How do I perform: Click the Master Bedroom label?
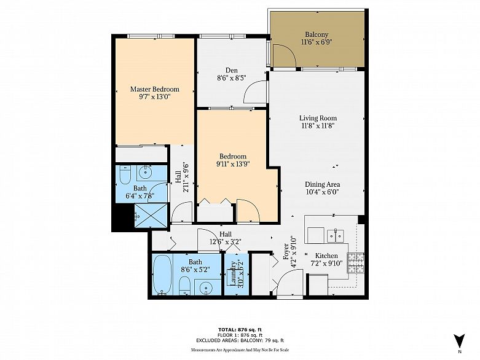point(154,89)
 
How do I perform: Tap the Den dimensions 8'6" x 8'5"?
point(232,78)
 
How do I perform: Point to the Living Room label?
point(318,118)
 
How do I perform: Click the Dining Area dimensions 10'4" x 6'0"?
point(323,192)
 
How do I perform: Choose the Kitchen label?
point(326,256)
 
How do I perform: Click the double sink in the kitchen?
point(336,235)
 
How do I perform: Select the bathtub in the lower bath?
point(162,275)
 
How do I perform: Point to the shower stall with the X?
point(151,216)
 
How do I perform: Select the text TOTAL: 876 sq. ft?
point(240,330)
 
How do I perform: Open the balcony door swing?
point(285,57)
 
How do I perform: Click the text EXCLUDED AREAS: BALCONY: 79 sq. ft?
point(240,340)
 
